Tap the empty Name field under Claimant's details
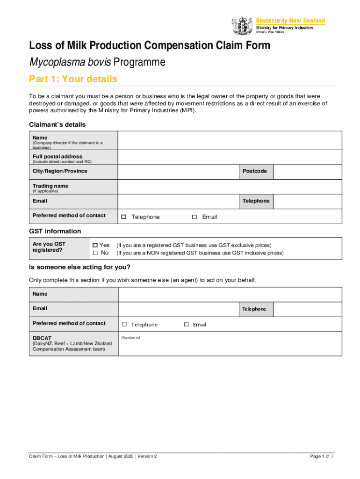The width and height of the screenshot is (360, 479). tap(229, 140)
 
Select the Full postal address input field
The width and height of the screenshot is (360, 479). tap(229, 157)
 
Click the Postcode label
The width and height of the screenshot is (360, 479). tap(255, 171)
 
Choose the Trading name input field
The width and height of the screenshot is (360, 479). tap(229, 187)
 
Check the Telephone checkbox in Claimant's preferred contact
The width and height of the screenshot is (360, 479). tap(124, 217)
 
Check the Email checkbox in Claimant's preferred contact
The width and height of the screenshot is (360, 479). tap(194, 217)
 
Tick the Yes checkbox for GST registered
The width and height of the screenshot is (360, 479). tap(95, 245)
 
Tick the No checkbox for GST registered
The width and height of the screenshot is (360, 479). tap(95, 253)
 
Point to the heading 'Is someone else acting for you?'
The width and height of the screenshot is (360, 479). tap(80, 267)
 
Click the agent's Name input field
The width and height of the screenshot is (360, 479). tap(229, 295)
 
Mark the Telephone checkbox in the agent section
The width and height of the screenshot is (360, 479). tap(125, 325)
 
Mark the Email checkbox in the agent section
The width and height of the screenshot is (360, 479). tap(186, 325)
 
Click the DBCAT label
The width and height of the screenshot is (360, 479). tap(42, 338)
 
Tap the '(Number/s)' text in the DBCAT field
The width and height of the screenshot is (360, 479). tap(130, 337)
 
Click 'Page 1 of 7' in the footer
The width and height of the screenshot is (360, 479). tap(322, 456)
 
